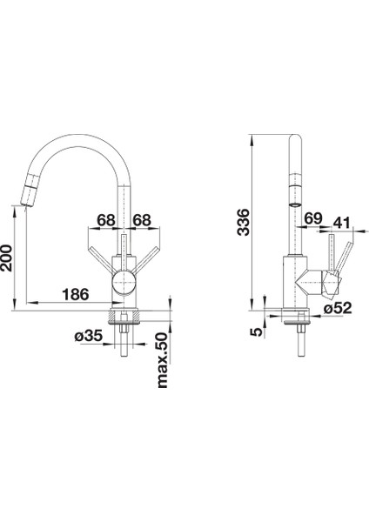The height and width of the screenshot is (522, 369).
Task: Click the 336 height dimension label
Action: (x=244, y=222)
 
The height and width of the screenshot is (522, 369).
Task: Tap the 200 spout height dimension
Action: (x=6, y=258)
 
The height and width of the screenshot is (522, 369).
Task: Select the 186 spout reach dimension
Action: (x=76, y=294)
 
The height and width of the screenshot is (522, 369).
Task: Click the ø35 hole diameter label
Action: (x=88, y=336)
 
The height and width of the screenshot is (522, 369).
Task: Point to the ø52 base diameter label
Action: (x=338, y=308)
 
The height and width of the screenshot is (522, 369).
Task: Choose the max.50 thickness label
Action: (x=162, y=360)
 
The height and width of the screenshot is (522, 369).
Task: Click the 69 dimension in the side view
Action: (x=313, y=218)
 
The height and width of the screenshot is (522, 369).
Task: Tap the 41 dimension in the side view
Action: (x=342, y=223)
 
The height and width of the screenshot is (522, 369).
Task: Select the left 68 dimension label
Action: (x=106, y=220)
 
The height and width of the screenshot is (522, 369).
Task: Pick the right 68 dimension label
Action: (x=142, y=220)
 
